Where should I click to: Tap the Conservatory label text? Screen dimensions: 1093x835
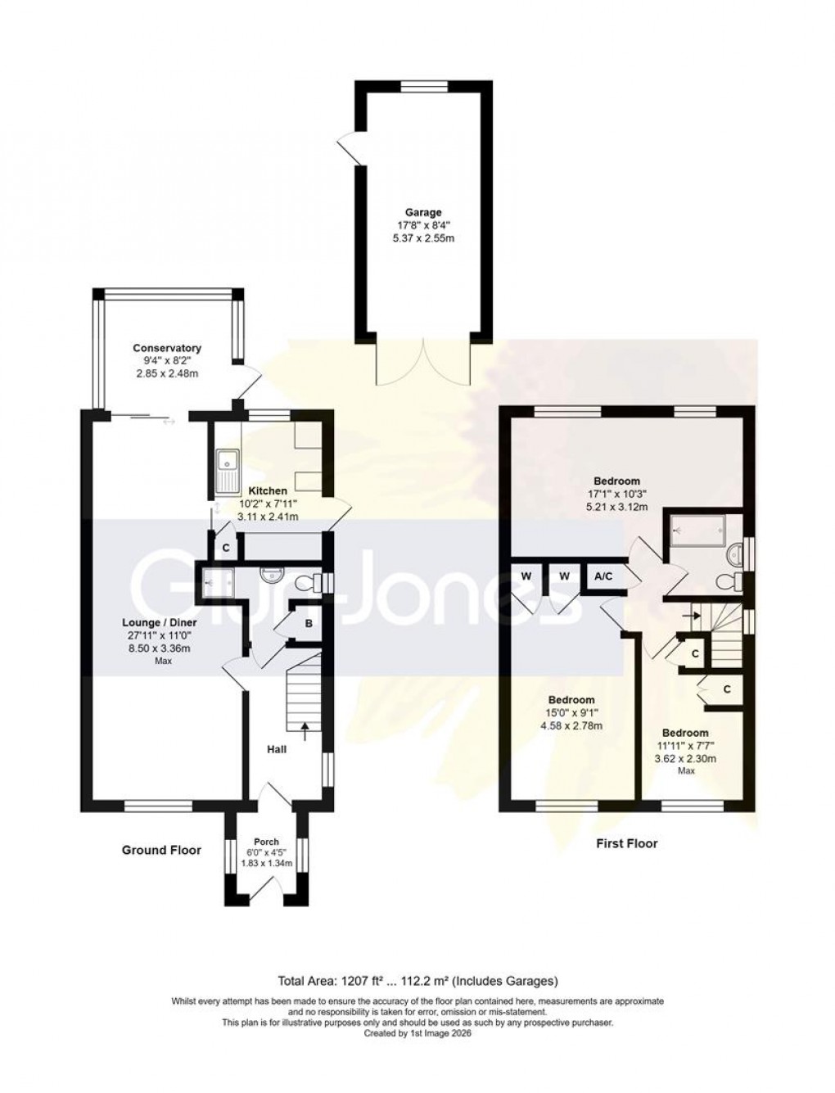click(167, 348)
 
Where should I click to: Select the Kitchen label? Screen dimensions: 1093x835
click(268, 491)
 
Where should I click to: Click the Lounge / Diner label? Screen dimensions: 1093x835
click(162, 622)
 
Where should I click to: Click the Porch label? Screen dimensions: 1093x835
click(266, 842)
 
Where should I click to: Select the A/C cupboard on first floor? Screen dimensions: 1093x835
click(603, 576)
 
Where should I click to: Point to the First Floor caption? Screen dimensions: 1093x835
click(625, 842)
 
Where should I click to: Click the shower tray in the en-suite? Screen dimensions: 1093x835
click(697, 530)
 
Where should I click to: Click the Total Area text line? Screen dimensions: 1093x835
click(417, 980)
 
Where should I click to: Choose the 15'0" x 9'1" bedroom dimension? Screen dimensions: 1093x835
click(571, 712)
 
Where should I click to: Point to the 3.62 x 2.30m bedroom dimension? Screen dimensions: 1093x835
click(686, 758)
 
